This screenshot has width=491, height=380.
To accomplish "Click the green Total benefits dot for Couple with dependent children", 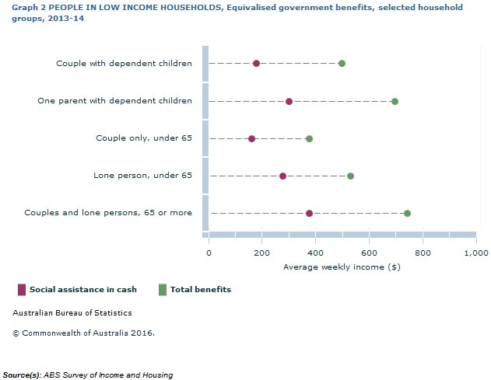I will tap(342, 64).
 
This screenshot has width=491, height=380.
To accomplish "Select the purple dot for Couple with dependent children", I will tap(256, 64).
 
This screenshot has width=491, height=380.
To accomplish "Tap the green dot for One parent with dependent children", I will tap(395, 102).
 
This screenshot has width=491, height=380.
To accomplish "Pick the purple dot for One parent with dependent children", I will tap(289, 102).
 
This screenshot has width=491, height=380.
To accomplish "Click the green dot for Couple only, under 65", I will tap(309, 139).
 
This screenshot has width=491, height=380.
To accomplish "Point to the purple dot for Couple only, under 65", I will tap(251, 139).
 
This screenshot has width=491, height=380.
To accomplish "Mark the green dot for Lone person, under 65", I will tap(350, 176).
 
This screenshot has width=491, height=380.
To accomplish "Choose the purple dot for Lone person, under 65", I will tap(282, 176).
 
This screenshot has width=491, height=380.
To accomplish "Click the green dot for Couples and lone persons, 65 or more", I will tap(407, 213).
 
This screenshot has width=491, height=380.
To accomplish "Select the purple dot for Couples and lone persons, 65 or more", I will tap(309, 213).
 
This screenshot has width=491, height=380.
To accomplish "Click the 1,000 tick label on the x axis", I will tap(475, 253).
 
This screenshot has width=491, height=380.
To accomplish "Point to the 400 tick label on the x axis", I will tap(315, 253).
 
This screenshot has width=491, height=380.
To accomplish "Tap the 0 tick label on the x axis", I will tap(209, 253).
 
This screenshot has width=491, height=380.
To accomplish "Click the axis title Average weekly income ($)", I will tap(342, 267).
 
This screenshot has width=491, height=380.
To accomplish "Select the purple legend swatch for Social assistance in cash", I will tap(21, 290).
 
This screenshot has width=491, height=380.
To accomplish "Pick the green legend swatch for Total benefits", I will tap(162, 290).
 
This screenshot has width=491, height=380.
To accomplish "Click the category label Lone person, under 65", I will tap(142, 176).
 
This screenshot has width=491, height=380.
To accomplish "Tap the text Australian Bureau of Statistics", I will tap(72, 313).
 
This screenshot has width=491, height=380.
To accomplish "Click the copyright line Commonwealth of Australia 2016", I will tap(83, 333).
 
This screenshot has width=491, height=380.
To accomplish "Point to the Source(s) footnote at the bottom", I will tap(88, 375).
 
